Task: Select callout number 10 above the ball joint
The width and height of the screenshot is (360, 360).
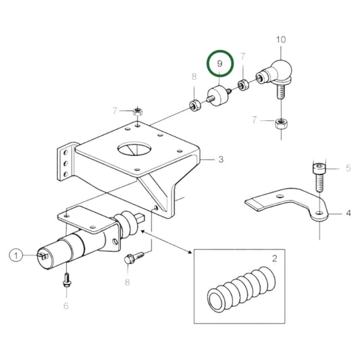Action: tap(281, 40)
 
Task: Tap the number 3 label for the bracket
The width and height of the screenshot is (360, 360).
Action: tap(220, 160)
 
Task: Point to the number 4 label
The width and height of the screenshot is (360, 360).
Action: tap(349, 213)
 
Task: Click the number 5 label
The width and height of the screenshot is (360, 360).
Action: tap(349, 168)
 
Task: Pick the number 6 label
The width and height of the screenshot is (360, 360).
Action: tap(66, 305)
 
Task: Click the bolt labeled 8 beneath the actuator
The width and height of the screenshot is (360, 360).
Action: tap(133, 258)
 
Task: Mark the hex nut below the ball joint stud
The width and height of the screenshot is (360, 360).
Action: tap(281, 124)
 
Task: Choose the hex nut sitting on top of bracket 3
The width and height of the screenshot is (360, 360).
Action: tap(137, 111)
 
